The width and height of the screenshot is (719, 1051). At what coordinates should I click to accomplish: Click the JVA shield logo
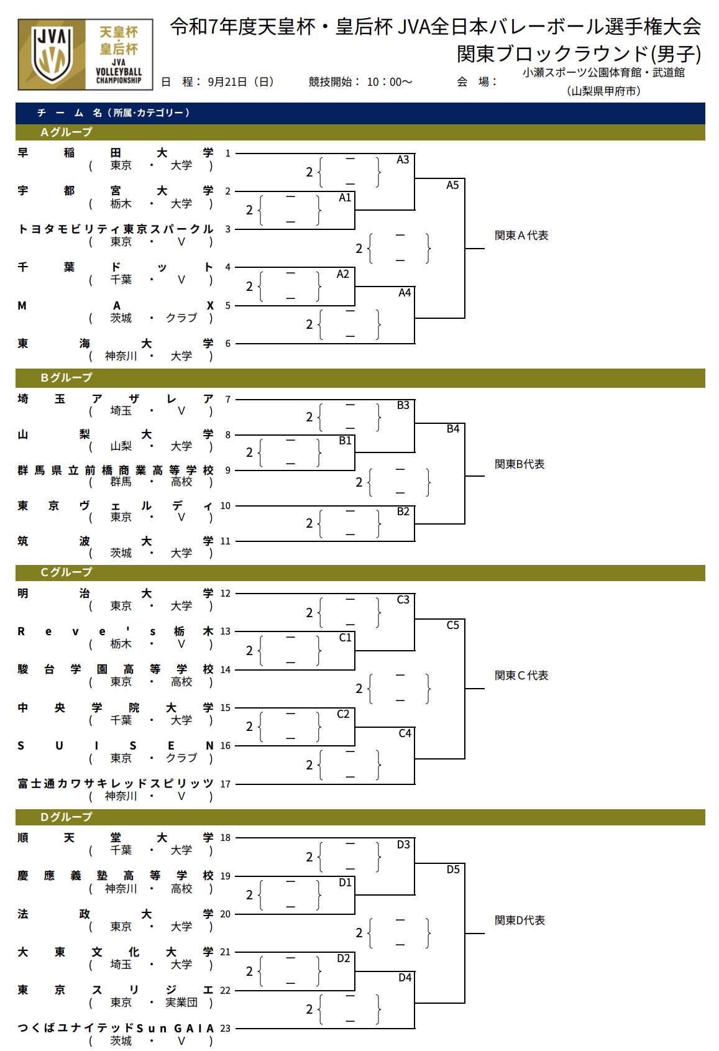[52, 55]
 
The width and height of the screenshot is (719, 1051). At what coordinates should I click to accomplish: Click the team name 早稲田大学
[115, 153]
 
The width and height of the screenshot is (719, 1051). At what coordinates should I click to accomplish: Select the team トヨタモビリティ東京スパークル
[115, 229]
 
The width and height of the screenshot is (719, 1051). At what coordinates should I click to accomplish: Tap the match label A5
[452, 185]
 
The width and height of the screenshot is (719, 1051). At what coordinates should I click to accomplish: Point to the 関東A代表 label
[521, 236]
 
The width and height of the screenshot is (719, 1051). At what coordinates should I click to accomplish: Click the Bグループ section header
[66, 377]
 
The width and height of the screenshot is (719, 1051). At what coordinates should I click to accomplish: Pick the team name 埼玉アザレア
[115, 399]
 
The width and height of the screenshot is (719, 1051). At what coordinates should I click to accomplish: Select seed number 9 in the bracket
[227, 470]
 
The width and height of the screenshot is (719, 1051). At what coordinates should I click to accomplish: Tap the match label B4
[453, 429]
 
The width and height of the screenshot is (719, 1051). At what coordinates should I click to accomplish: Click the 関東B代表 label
[520, 464]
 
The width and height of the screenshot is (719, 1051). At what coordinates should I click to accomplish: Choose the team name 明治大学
[115, 594]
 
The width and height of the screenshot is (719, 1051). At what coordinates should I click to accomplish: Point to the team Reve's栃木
[115, 631]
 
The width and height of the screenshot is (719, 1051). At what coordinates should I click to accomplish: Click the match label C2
[343, 714]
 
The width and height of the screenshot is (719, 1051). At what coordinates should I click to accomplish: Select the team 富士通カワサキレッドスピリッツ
[115, 784]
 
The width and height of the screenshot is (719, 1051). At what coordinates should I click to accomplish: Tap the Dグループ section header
[66, 817]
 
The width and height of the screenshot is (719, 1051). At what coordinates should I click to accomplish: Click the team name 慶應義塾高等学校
[115, 876]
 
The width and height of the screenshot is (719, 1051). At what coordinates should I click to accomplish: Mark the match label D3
[403, 845]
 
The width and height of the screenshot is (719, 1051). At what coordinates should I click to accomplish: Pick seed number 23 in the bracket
[225, 1029]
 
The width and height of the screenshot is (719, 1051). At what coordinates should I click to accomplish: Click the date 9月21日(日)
[240, 82]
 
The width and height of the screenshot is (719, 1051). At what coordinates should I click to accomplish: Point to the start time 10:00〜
[389, 82]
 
